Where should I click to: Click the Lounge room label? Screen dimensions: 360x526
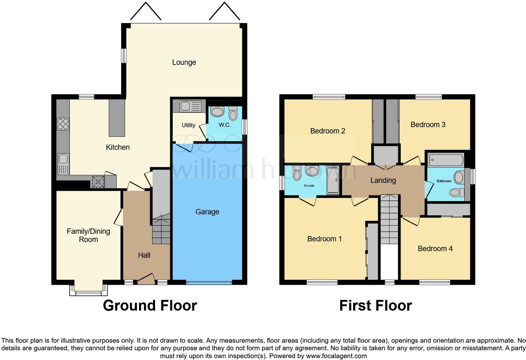(184, 62)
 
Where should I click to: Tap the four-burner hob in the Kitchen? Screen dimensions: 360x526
(63, 124)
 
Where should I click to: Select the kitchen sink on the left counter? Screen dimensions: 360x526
(63, 164)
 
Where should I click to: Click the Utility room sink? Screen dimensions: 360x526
(190, 106)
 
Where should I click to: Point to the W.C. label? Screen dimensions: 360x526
(225, 125)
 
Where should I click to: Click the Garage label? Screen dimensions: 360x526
(207, 212)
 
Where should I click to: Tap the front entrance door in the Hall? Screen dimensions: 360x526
(146, 278)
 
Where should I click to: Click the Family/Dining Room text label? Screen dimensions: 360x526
(88, 235)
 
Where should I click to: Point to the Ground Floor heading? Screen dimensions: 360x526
(150, 306)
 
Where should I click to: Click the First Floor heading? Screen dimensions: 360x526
(375, 306)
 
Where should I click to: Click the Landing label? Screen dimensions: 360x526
(383, 180)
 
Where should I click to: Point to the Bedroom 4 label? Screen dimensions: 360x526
(435, 249)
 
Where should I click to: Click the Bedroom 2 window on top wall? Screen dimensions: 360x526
(329, 97)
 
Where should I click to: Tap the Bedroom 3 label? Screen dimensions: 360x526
(428, 125)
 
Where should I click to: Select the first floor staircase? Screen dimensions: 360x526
(389, 220)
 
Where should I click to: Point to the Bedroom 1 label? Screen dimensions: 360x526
(324, 239)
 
